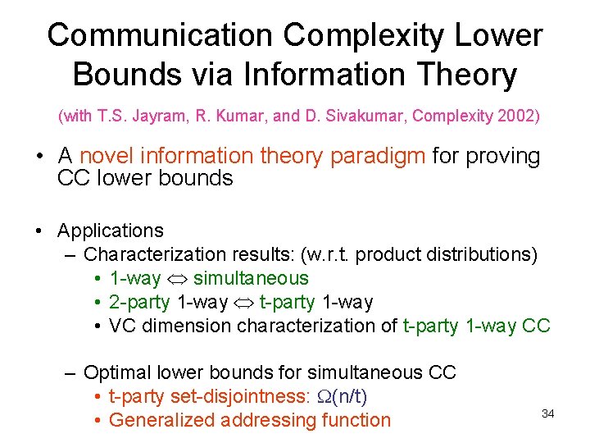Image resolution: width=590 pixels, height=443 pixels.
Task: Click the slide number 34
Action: click(548, 413)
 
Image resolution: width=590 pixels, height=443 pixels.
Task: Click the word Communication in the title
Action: click(159, 36)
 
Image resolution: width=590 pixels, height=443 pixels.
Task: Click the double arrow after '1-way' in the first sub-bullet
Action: click(177, 279)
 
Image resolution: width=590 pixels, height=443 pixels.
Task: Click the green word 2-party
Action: click(139, 303)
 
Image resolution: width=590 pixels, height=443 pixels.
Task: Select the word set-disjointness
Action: click(238, 397)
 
